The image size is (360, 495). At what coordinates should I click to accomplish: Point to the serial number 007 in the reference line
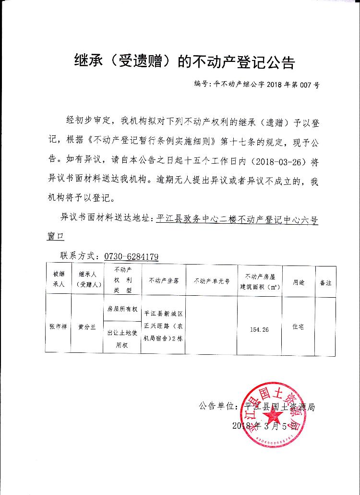304,85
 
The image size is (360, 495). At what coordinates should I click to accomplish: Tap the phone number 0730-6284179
131,256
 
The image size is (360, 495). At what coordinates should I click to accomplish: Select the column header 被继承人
59,278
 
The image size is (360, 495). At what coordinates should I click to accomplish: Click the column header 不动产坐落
164,280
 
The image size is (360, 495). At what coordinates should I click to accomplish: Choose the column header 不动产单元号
211,280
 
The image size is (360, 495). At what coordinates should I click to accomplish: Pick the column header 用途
299,283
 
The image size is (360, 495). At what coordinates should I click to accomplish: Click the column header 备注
325,283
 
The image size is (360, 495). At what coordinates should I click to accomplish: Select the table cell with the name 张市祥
59,326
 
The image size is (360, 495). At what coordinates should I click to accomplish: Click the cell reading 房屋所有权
122,309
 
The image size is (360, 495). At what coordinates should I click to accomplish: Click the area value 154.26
259,329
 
